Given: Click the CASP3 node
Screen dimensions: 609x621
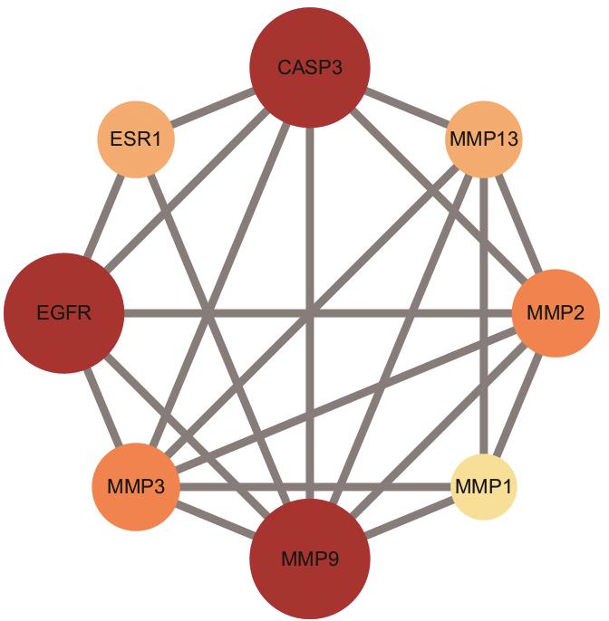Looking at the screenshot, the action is [310, 67].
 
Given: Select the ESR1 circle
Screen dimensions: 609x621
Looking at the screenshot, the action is [136, 139].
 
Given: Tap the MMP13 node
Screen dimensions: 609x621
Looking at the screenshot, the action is [483, 139].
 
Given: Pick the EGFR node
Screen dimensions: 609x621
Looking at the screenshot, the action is [63, 313].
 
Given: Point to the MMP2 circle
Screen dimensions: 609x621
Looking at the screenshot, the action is [556, 313].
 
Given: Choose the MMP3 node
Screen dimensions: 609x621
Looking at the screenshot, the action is [136, 487].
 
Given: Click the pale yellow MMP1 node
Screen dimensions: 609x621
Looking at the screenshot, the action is [484, 487].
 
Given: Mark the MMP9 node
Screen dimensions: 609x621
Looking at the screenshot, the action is [310, 559].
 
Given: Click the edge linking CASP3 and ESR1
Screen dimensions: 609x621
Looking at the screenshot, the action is [212, 108].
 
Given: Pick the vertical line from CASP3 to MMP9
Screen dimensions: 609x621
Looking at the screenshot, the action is [310, 313].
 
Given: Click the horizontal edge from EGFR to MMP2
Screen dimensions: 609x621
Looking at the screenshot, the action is [318, 313].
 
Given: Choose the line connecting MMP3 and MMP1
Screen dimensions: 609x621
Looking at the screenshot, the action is [315, 487].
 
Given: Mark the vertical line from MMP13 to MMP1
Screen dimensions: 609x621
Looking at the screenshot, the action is [483, 316].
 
